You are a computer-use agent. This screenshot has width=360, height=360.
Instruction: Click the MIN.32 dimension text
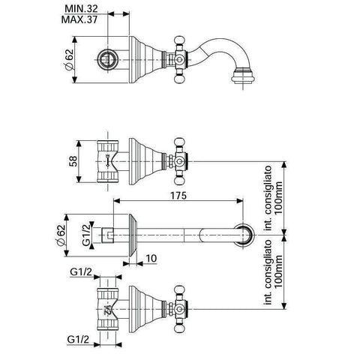(81, 9)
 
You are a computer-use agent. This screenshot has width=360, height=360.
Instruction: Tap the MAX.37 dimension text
(79, 19)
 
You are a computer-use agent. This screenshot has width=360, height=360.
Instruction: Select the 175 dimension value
(178, 196)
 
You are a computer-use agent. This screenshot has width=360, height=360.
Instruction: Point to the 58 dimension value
(73, 161)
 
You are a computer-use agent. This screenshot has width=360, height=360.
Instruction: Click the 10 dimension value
(151, 259)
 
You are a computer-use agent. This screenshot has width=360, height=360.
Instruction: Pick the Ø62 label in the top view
(69, 59)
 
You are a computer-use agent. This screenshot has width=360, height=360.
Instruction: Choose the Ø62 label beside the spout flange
(60, 235)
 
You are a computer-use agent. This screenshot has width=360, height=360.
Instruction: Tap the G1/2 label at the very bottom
(78, 339)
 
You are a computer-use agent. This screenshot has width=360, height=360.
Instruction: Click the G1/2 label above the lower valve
(81, 271)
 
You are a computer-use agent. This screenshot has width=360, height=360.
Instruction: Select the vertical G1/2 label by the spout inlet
(86, 235)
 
